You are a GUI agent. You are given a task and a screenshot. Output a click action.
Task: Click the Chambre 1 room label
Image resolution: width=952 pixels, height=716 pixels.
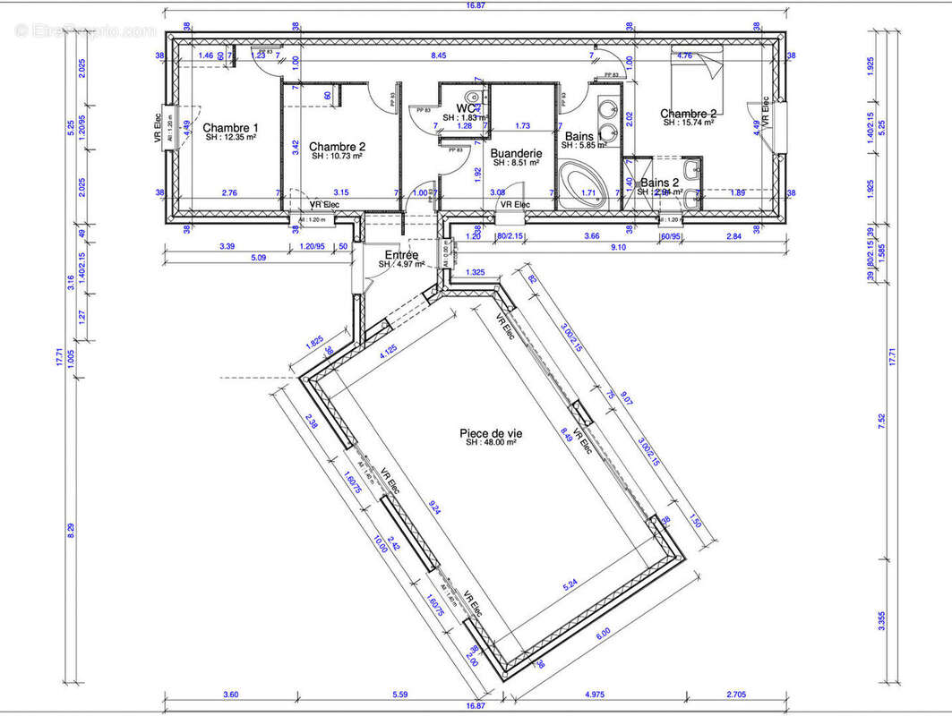(x=230, y=128)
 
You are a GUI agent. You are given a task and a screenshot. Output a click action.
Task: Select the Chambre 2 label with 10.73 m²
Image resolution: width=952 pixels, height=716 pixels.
(x=337, y=146)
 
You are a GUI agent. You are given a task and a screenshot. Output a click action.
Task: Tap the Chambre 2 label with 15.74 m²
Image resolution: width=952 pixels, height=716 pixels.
(x=689, y=114)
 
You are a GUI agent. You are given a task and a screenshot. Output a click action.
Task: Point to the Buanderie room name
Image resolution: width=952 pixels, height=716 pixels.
(x=517, y=153)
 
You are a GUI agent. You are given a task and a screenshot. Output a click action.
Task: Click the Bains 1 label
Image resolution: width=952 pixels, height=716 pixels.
(x=582, y=136)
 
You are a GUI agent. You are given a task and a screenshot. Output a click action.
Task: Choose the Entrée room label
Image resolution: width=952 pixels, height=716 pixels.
(x=400, y=255)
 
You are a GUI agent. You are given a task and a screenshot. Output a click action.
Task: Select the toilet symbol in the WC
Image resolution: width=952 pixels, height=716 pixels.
(x=478, y=98)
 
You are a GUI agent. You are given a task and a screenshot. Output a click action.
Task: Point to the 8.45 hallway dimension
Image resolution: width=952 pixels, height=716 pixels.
(x=439, y=56)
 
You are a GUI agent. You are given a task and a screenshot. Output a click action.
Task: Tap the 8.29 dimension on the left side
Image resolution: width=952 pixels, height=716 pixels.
(x=73, y=530)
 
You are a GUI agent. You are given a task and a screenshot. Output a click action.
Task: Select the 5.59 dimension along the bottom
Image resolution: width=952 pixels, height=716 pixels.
(x=400, y=694)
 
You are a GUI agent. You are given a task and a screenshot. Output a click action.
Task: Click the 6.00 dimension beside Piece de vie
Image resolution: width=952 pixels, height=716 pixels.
(x=603, y=632)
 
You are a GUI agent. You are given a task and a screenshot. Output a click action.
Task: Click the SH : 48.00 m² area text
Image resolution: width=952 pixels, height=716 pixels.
(x=492, y=443)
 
